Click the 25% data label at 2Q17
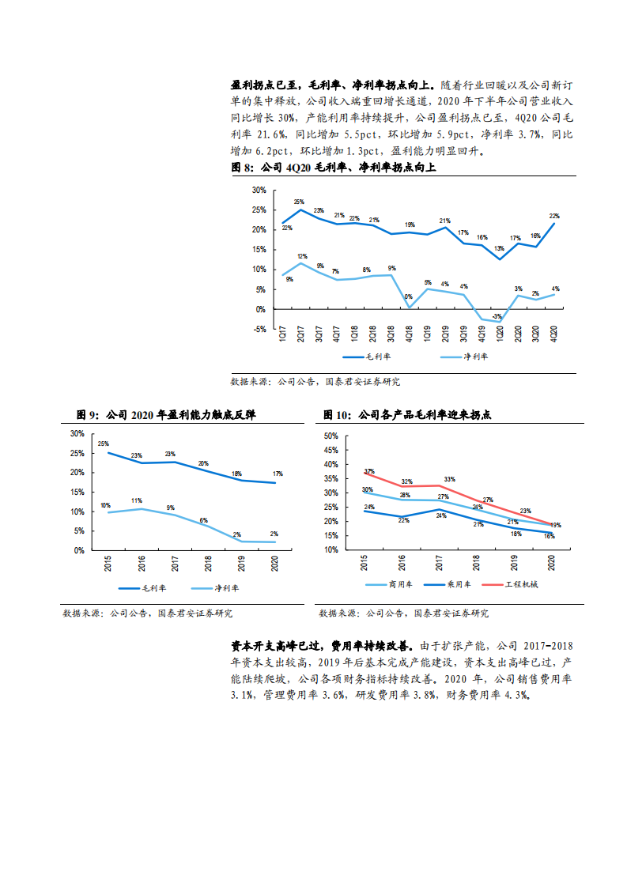click(x=299, y=202)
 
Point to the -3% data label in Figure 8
click(x=497, y=316)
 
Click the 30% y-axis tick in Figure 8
click(x=259, y=191)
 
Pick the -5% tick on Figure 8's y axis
click(x=259, y=329)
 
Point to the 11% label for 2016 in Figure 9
click(x=136, y=500)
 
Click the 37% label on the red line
click(x=369, y=472)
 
